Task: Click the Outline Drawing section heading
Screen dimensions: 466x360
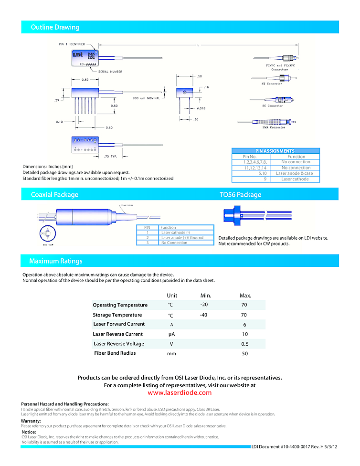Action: click(55, 27)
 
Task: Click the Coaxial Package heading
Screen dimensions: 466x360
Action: click(54, 195)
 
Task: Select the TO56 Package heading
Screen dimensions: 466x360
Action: click(240, 195)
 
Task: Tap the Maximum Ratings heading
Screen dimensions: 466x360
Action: click(55, 261)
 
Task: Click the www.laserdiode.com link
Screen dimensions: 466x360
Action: click(180, 393)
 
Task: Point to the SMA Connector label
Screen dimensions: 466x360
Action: click(274, 127)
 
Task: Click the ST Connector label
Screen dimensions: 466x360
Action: click(272, 84)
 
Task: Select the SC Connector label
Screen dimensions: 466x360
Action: click(272, 106)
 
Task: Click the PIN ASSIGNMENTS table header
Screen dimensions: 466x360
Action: click(275, 151)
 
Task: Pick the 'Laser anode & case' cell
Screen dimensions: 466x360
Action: click(295, 173)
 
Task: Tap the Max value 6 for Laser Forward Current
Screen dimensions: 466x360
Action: click(244, 324)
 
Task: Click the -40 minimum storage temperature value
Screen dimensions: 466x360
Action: click(203, 315)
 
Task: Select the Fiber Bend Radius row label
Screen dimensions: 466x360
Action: click(115, 353)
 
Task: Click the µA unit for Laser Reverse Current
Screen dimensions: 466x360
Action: click(172, 334)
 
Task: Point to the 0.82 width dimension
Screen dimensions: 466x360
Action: click(85, 80)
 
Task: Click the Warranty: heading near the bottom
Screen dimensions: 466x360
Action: click(31, 421)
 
